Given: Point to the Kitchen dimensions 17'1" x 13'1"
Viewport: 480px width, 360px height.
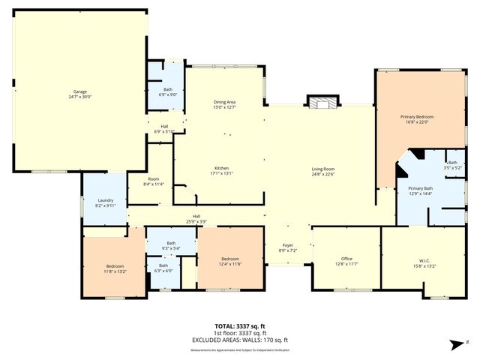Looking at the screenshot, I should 221,173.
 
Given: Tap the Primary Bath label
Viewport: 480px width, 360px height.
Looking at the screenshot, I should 420,188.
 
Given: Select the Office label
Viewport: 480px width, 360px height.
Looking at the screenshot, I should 346,259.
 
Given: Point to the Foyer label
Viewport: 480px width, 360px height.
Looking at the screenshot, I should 287,245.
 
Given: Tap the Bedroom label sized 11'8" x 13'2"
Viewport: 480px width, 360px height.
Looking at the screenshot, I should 115,266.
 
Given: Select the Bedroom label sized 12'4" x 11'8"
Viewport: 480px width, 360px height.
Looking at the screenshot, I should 230,259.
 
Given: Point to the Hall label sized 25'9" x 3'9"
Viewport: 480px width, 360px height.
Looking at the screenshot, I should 196,217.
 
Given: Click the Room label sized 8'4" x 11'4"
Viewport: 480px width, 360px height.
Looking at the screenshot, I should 153,179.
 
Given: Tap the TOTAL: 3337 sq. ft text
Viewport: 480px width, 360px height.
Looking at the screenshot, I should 239,327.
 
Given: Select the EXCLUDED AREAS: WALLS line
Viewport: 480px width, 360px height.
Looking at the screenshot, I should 239,340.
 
